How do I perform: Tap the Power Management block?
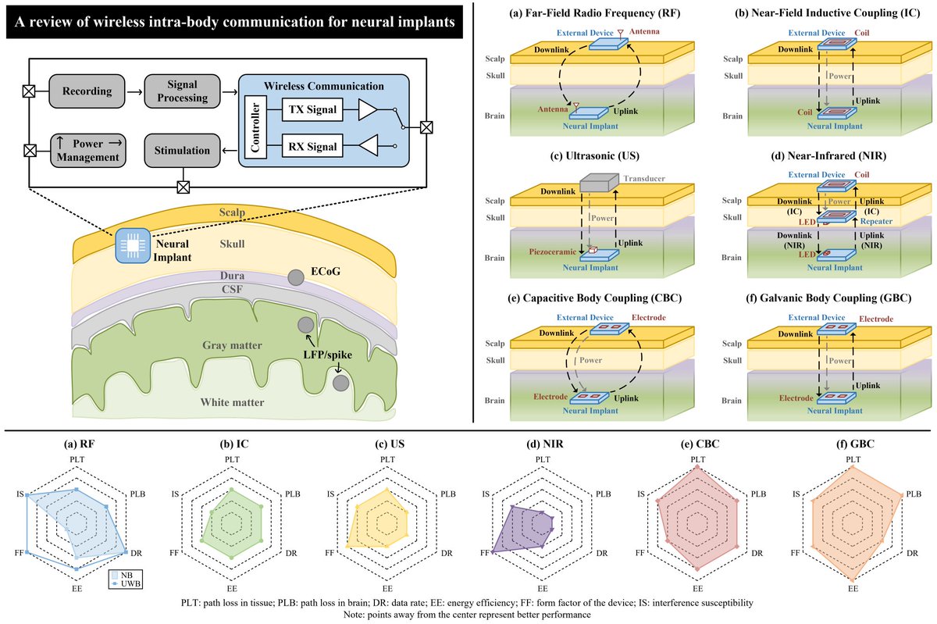88,149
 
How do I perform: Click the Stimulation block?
182,150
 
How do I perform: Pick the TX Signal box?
311,110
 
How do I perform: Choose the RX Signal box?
311,145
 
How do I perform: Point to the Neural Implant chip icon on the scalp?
131,245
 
